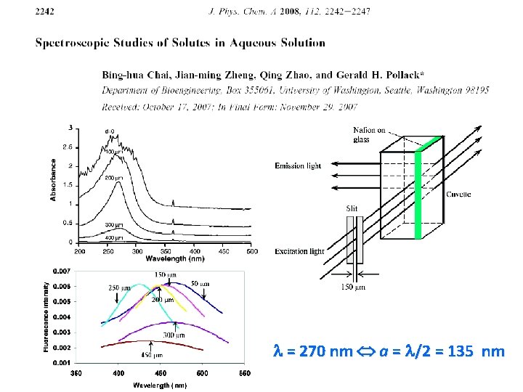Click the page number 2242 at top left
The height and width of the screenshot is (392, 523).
[x=44, y=11]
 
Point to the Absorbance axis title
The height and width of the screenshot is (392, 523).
[x=53, y=181]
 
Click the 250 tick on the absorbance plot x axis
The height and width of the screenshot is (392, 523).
[x=108, y=251]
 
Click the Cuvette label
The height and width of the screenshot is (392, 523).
[x=458, y=194]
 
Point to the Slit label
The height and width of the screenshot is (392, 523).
[x=352, y=208]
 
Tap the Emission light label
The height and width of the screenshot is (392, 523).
[x=298, y=166]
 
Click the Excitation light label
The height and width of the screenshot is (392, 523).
[x=299, y=251]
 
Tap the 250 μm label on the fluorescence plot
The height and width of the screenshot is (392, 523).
[x=117, y=287]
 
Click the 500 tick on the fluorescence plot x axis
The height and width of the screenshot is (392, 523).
[x=201, y=373]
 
